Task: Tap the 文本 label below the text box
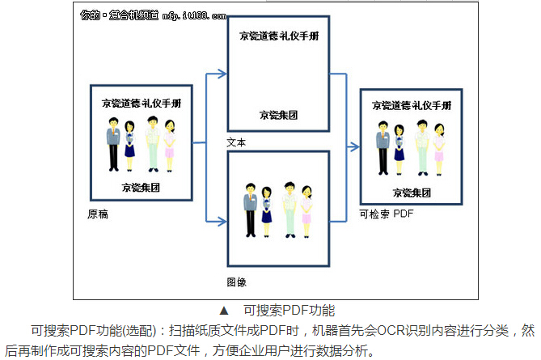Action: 237,142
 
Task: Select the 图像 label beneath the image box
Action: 237,282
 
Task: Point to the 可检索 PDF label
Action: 386,214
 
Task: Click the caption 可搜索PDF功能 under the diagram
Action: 289,310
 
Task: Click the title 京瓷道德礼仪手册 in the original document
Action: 142,103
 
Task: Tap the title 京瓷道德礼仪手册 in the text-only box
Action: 278,37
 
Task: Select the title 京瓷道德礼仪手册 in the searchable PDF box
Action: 412,105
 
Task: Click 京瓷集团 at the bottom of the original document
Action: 141,186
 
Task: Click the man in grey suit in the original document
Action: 114,143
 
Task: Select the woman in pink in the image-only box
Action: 306,211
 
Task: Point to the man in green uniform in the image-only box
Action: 289,209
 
